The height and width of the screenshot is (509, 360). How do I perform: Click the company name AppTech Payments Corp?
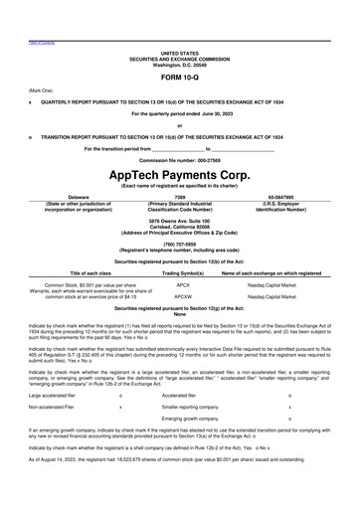[x=179, y=172]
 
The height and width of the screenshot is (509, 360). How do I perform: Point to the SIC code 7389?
[x=180, y=197]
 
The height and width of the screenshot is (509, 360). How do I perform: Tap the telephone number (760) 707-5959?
[x=180, y=243]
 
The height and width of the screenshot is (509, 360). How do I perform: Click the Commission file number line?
[x=179, y=160]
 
